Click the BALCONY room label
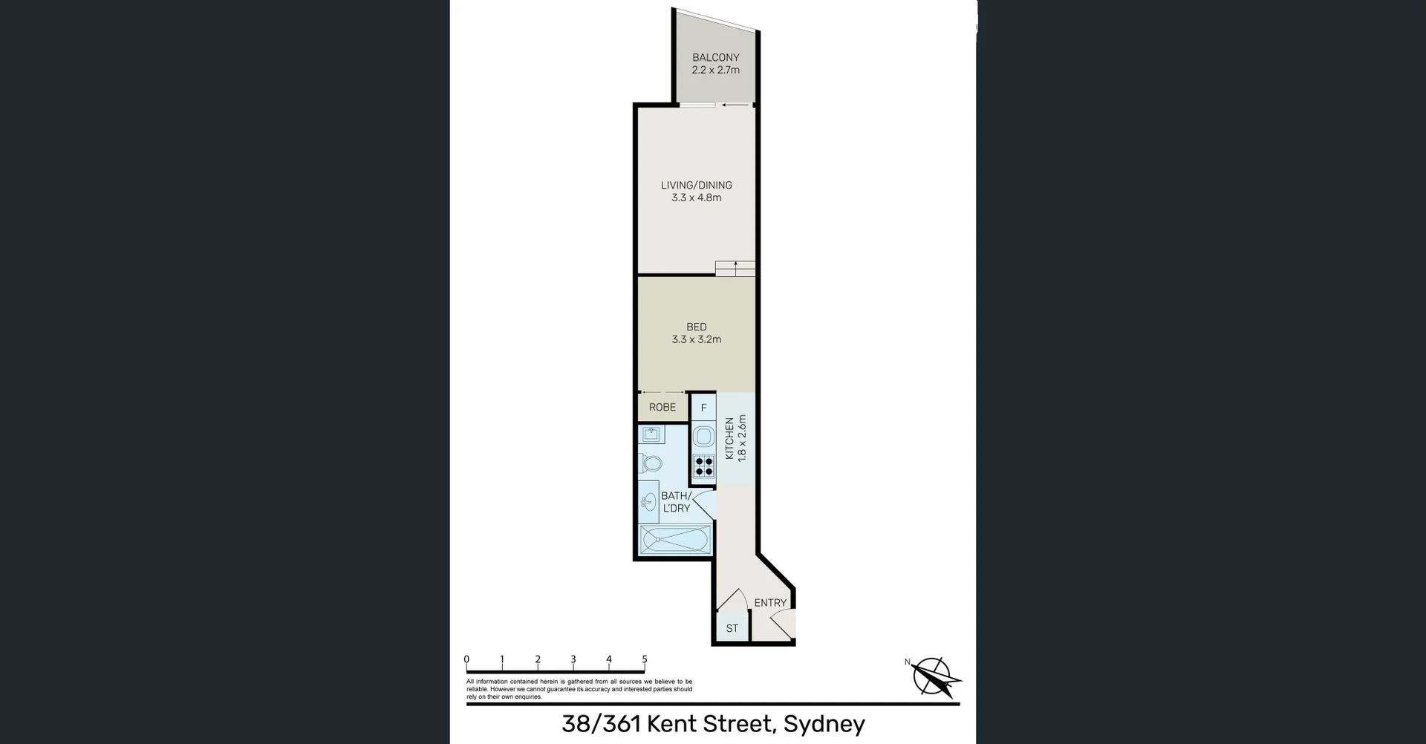(x=715, y=57)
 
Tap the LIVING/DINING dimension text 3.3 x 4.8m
(x=696, y=198)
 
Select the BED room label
(x=696, y=327)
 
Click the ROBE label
(x=662, y=407)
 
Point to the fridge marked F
(x=703, y=408)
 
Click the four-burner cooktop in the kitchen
(x=703, y=466)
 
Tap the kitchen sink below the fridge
(x=703, y=437)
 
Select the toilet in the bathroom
(x=651, y=463)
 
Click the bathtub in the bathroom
(x=675, y=539)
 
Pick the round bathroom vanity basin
(x=648, y=502)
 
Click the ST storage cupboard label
(x=732, y=628)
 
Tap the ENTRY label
(x=770, y=603)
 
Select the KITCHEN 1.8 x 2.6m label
(x=735, y=438)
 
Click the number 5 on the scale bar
(x=644, y=659)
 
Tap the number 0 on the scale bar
(x=466, y=659)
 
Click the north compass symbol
(x=935, y=677)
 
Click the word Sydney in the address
(x=824, y=723)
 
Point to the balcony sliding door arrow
(x=735, y=105)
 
